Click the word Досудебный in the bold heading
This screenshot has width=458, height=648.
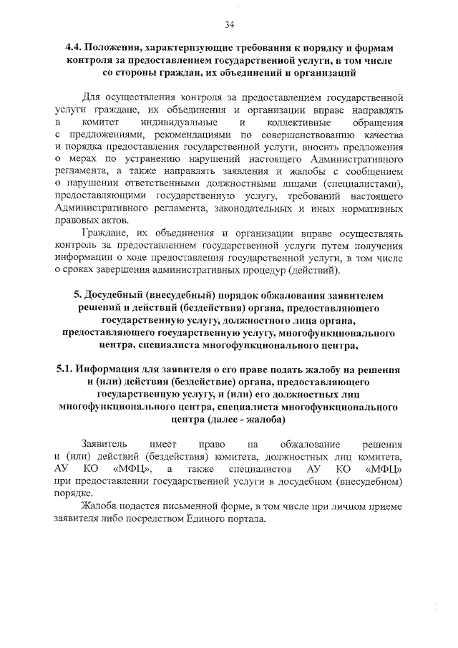[117, 296]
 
